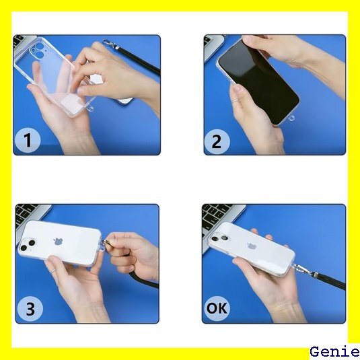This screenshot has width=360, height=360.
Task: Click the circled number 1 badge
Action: pyautogui.click(x=28, y=140)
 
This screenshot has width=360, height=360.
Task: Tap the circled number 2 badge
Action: pyautogui.click(x=217, y=142)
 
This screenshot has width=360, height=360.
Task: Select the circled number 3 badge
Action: pyautogui.click(x=30, y=309)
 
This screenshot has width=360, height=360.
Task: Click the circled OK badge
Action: pyautogui.click(x=217, y=308)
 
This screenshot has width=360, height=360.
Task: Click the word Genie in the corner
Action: pyautogui.click(x=334, y=352)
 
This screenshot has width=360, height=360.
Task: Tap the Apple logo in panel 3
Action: pyautogui.click(x=59, y=242)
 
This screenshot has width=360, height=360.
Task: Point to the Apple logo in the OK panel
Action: pyautogui.click(x=252, y=246)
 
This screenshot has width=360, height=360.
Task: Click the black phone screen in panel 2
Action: pyautogui.click(x=259, y=81)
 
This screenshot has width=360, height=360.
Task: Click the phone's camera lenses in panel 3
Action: pyautogui.click(x=28, y=245)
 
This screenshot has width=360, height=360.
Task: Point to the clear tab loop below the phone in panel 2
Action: pyautogui.click(x=291, y=118)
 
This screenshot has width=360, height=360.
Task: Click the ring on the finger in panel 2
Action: pyautogui.click(x=236, y=100)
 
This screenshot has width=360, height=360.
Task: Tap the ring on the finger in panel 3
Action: pyautogui.click(x=53, y=271)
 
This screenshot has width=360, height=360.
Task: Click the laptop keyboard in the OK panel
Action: pyautogui.click(x=217, y=216)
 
